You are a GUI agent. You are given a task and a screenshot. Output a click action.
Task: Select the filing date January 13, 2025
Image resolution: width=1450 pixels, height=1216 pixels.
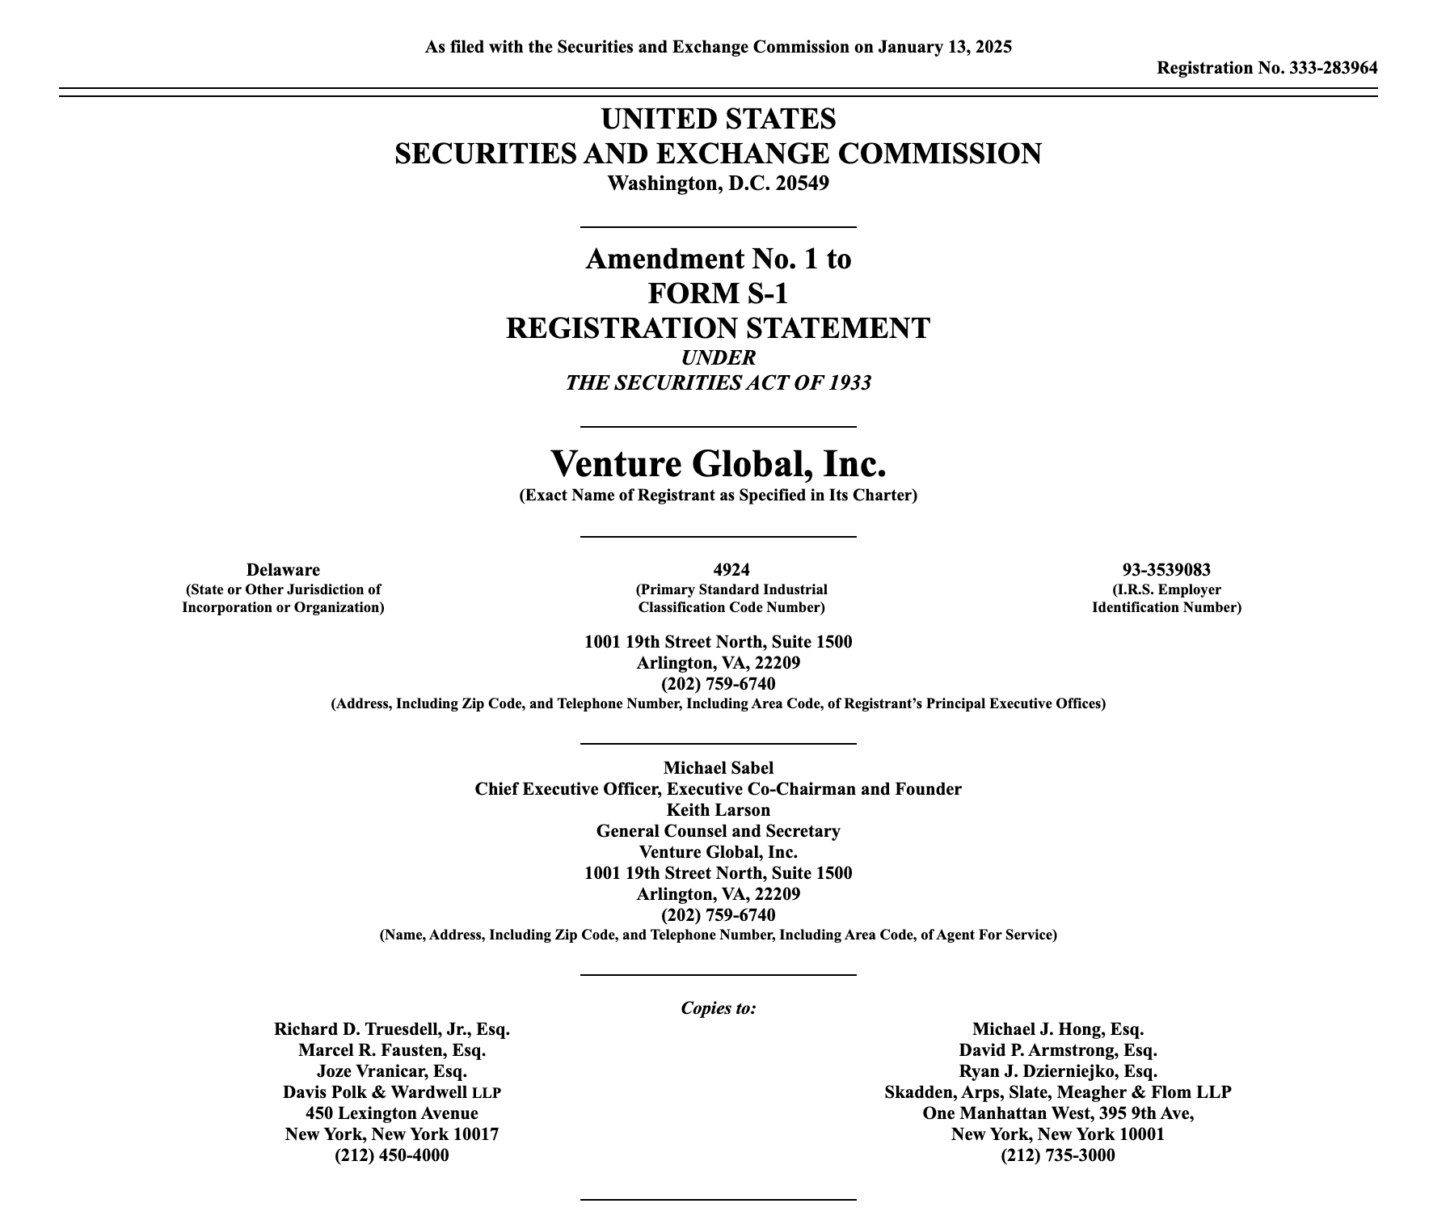(x=945, y=47)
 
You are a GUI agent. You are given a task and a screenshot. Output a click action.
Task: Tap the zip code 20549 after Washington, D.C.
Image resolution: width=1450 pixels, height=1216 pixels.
(x=802, y=184)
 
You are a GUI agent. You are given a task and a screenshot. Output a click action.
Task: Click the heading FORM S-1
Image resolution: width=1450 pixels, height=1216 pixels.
(x=718, y=293)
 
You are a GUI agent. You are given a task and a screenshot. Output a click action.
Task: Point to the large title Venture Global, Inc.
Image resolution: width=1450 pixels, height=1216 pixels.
(x=718, y=464)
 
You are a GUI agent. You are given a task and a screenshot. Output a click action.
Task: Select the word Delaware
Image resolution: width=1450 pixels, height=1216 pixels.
(x=283, y=570)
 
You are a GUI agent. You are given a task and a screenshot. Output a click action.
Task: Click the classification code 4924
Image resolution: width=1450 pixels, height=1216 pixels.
(x=731, y=570)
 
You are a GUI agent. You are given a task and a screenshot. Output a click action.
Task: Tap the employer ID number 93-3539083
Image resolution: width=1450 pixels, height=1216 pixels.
(x=1166, y=570)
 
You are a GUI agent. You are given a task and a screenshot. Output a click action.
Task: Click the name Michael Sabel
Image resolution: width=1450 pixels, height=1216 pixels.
(x=718, y=768)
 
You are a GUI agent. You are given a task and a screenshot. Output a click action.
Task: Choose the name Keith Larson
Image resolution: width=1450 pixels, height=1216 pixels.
(x=718, y=810)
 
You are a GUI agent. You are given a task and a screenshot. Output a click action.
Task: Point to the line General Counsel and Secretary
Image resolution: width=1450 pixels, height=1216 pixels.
(x=718, y=831)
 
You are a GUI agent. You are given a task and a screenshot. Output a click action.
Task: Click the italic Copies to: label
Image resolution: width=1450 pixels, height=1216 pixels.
(x=718, y=1008)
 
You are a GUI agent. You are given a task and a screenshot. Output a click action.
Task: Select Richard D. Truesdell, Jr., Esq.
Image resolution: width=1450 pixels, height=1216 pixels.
(x=392, y=1029)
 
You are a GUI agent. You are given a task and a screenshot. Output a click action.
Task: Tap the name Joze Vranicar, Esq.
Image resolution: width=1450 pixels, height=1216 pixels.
(x=392, y=1071)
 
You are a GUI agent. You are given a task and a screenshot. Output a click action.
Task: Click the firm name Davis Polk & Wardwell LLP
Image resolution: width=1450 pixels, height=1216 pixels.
(x=392, y=1092)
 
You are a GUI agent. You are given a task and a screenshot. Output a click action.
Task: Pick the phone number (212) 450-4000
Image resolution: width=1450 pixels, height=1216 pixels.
(x=392, y=1155)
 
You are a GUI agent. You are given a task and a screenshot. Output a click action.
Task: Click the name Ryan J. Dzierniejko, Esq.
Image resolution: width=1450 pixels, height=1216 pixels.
(x=1057, y=1071)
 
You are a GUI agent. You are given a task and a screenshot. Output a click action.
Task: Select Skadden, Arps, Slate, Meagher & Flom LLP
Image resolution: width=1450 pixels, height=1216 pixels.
(x=1057, y=1092)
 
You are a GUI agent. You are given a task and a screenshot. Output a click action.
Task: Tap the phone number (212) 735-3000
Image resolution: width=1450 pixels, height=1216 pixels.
(x=1057, y=1155)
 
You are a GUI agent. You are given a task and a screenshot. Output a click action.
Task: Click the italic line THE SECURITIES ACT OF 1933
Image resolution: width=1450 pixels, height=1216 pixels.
(x=718, y=383)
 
